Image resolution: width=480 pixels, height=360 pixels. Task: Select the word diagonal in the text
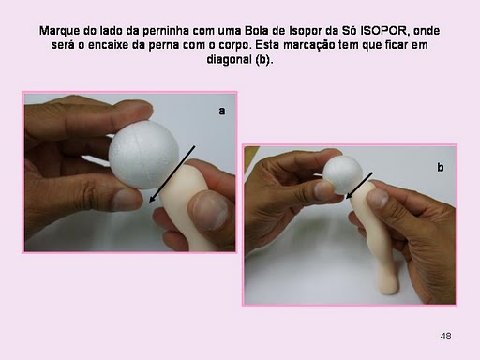click(229, 59)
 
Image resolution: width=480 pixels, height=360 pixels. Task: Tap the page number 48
click(445, 336)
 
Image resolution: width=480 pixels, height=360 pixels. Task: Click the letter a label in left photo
click(221, 111)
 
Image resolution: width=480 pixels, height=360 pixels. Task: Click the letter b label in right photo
click(441, 167)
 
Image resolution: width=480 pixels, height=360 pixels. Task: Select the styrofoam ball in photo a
click(143, 155)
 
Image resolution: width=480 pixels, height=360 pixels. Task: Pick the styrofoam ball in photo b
click(343, 174)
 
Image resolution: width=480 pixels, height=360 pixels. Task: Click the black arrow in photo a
click(172, 174)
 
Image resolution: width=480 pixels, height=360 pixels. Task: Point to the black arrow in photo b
click(359, 186)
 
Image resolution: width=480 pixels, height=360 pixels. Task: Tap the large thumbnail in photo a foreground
click(210, 212)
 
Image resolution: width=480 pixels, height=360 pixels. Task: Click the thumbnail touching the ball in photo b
click(323, 189)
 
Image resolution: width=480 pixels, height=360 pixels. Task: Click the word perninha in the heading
click(166, 31)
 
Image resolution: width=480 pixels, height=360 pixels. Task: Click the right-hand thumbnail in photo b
click(378, 198)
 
